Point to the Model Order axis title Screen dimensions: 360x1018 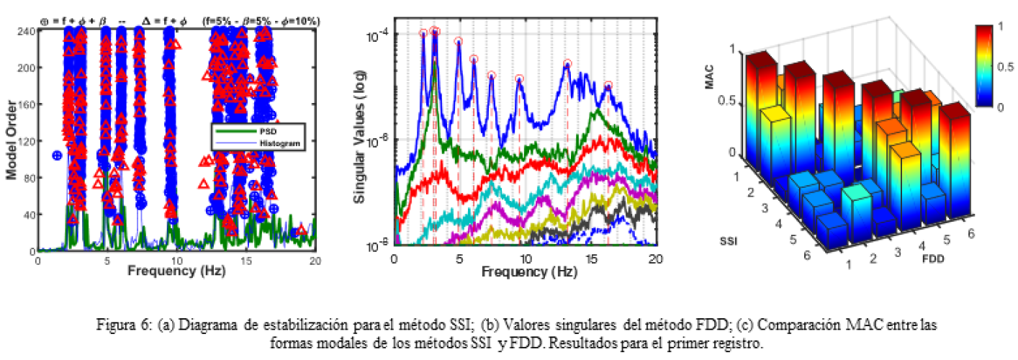[12, 140]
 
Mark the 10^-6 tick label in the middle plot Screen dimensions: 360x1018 [379, 140]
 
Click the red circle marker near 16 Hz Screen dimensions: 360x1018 [608, 85]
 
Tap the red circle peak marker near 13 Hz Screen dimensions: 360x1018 [567, 63]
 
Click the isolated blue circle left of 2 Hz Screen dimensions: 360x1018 [58, 155]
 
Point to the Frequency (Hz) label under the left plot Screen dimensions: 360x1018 [176, 271]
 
